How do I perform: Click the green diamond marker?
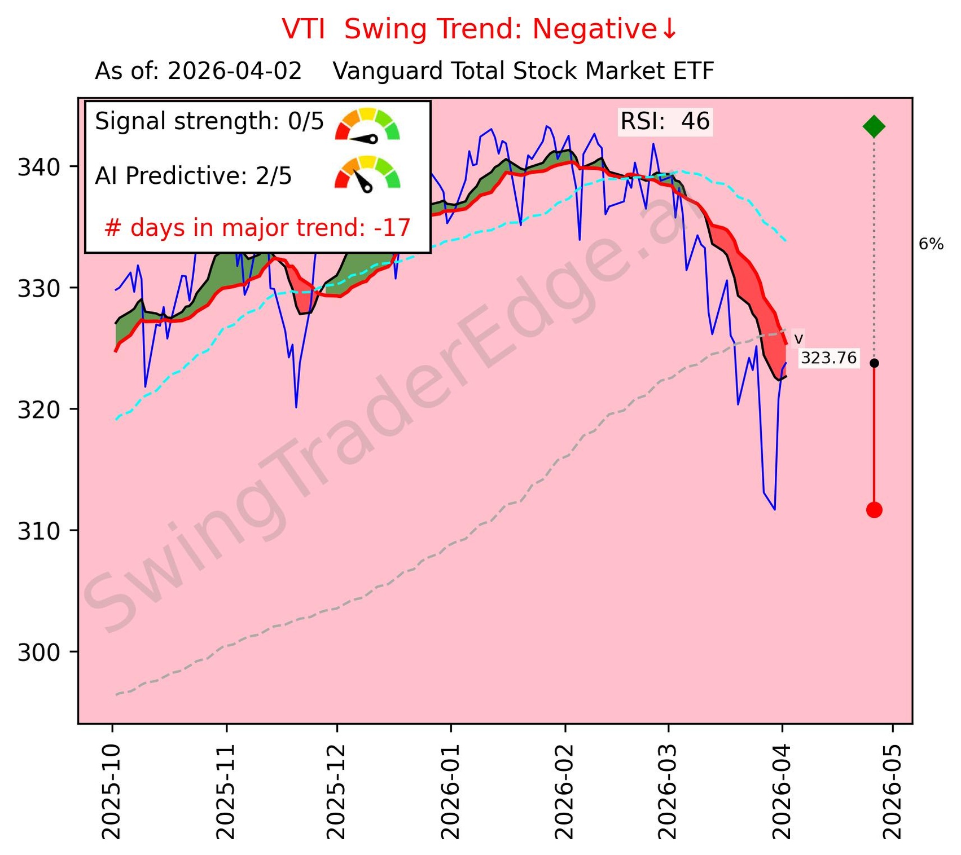pos(874,126)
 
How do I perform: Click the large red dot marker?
pos(874,510)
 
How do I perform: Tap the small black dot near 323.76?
pos(874,363)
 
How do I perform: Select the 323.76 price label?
pos(828,358)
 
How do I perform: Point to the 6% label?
pos(931,244)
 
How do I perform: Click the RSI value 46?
pos(695,122)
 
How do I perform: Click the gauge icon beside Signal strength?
pos(367,124)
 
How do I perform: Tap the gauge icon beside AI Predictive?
pos(367,173)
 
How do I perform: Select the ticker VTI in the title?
pos(304,29)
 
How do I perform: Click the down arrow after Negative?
pos(670,29)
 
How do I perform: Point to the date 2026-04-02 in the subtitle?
pos(235,72)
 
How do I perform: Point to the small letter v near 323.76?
pos(798,339)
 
